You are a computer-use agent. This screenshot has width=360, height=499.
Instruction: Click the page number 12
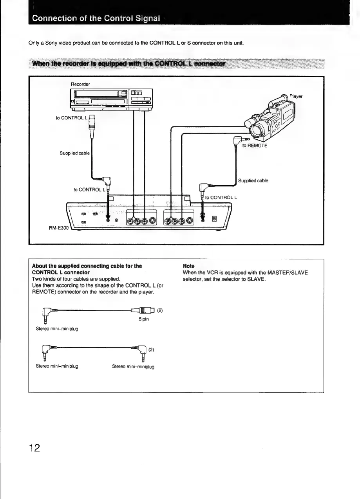[34, 447]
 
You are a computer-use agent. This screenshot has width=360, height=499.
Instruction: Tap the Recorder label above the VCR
[80, 84]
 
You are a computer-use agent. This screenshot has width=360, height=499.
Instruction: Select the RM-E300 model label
[59, 227]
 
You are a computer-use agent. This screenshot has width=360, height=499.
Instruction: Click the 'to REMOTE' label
[255, 146]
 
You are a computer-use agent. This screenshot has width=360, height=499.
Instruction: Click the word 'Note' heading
[188, 266]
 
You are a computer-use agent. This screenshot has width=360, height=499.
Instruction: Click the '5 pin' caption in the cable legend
[144, 319]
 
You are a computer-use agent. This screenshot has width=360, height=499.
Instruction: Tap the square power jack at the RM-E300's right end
[214, 219]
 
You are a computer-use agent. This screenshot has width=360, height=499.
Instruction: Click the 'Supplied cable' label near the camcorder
[253, 181]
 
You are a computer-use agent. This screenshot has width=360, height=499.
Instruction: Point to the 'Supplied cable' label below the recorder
[74, 153]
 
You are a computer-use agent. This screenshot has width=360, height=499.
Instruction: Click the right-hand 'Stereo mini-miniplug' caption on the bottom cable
[133, 367]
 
